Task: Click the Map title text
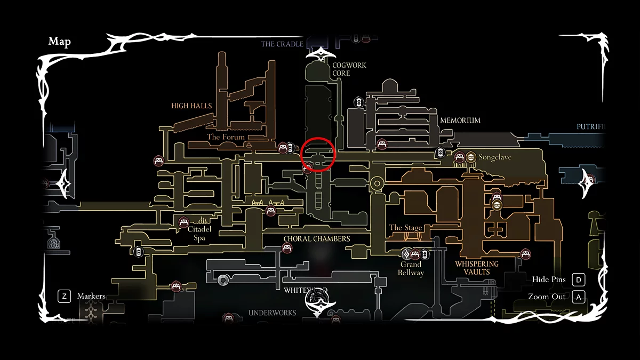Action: (59, 42)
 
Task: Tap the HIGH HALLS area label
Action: (191, 106)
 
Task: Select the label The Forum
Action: (226, 137)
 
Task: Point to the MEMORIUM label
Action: (460, 121)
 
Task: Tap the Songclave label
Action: (495, 157)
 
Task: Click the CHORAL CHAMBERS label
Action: (317, 239)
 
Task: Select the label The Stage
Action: (405, 228)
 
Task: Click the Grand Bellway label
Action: (411, 268)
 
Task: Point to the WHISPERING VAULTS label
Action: (476, 268)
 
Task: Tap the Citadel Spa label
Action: (199, 233)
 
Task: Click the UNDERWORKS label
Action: (272, 313)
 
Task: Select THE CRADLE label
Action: (282, 44)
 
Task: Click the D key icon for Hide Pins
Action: (578, 279)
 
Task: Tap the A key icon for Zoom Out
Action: (578, 297)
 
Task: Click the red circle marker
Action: (318, 154)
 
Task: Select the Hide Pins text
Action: (548, 279)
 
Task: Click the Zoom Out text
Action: (547, 297)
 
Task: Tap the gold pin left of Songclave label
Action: (470, 157)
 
